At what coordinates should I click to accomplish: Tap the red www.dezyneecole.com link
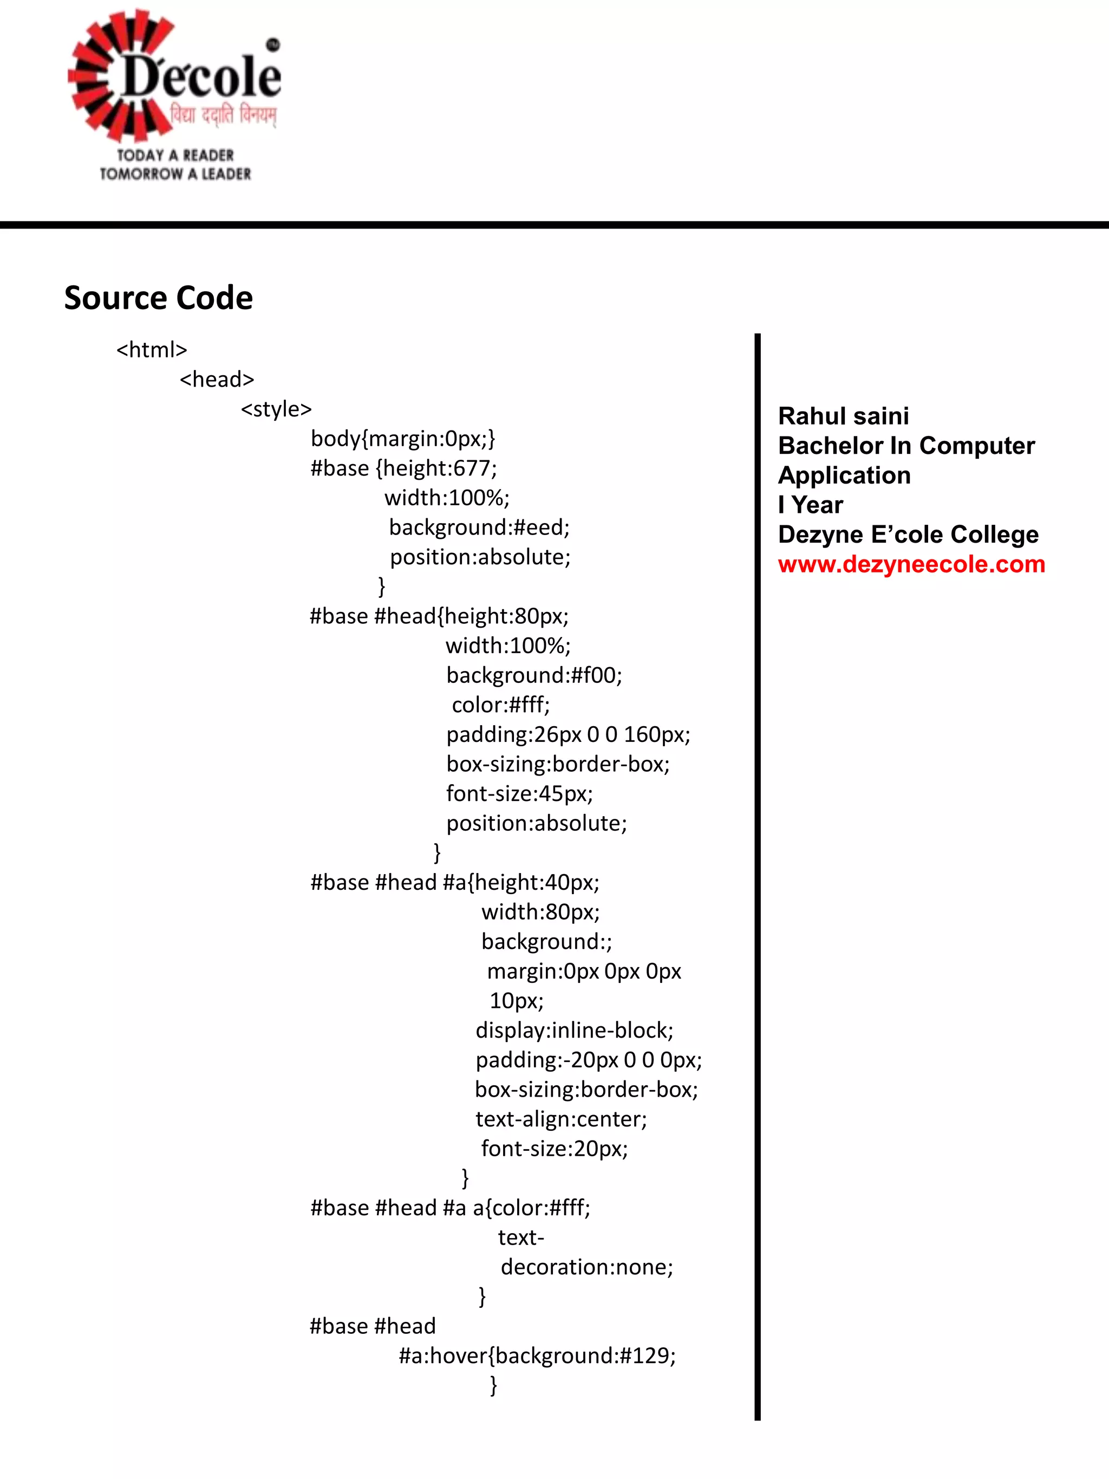911,564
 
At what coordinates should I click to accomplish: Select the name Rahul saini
843,416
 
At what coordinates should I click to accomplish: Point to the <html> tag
152,350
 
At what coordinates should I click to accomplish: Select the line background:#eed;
479,527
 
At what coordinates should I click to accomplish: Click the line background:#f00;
534,675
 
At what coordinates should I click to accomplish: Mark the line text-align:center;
561,1119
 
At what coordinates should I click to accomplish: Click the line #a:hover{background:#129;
538,1356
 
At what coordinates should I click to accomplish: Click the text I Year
810,505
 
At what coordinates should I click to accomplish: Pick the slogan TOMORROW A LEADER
175,174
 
